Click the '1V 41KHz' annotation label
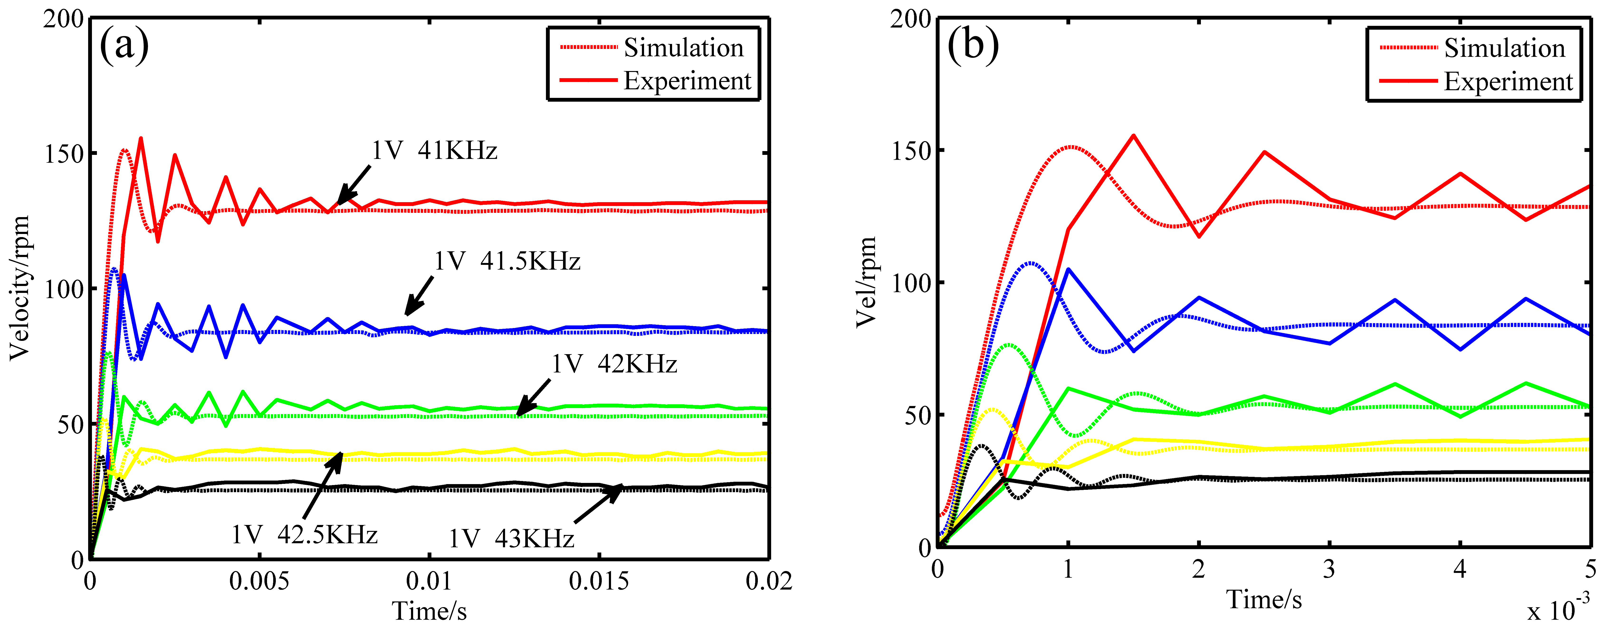pyautogui.click(x=434, y=151)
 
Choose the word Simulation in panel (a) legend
pyautogui.click(x=683, y=48)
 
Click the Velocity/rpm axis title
pyautogui.click(x=20, y=288)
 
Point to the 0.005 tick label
pyautogui.click(x=259, y=581)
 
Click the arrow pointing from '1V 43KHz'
pyautogui.click(x=598, y=503)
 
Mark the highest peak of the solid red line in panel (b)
pyautogui.click(x=1133, y=135)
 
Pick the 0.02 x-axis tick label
pyautogui.click(x=769, y=581)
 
